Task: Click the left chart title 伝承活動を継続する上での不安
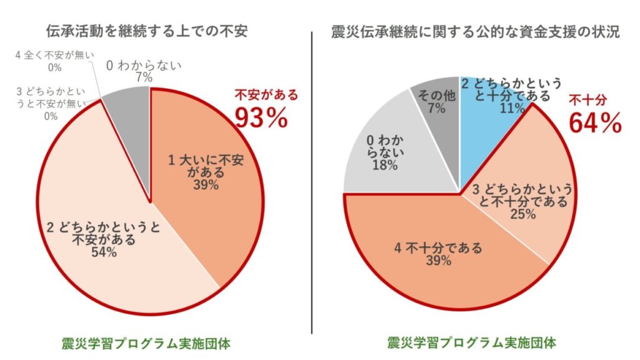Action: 147,31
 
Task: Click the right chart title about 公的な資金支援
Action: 475,31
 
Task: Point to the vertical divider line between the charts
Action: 311,181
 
